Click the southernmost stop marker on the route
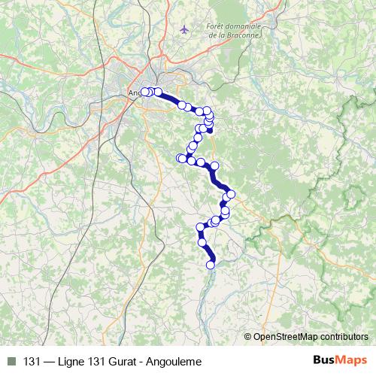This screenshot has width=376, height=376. click(x=211, y=264)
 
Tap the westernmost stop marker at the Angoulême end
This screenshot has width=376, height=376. click(x=144, y=92)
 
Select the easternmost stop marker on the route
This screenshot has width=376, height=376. click(x=231, y=195)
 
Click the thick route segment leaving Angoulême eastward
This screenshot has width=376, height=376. click(x=170, y=99)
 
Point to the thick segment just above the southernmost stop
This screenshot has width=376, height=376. click(x=207, y=254)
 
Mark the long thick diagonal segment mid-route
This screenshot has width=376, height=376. click(x=219, y=178)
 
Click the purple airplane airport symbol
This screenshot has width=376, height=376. click(x=185, y=29)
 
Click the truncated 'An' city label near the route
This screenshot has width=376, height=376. click(x=134, y=93)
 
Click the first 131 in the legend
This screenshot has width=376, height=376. click(x=32, y=362)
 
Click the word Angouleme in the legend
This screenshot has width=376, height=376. click(x=177, y=362)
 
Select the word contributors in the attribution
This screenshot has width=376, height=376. click(x=344, y=337)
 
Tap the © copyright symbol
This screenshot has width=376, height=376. click(x=248, y=337)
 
